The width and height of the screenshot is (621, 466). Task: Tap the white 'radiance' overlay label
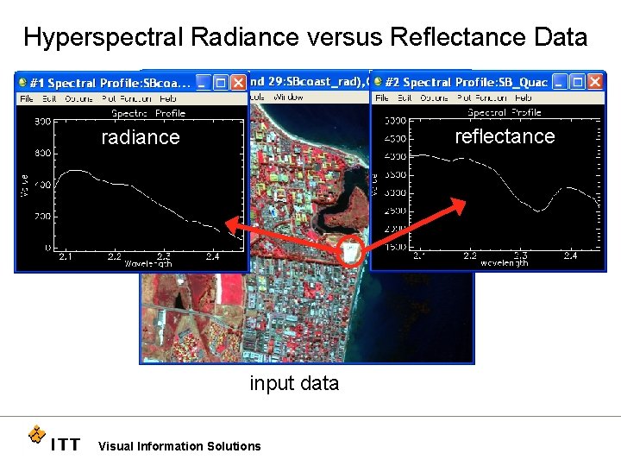[141, 137]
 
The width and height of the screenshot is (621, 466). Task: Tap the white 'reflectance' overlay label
[505, 136]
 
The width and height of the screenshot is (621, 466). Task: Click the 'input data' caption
[294, 383]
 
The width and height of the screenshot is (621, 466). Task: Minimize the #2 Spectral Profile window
[560, 82]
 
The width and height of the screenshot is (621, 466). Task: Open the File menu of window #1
[27, 98]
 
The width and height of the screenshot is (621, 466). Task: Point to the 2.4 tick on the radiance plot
[212, 256]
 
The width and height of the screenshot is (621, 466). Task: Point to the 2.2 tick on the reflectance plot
[469, 255]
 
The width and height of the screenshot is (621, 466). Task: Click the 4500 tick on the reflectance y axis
[395, 138]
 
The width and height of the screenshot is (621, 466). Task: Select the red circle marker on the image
[350, 249]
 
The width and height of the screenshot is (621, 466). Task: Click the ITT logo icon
[36, 434]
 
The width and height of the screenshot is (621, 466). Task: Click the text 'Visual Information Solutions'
[179, 446]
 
